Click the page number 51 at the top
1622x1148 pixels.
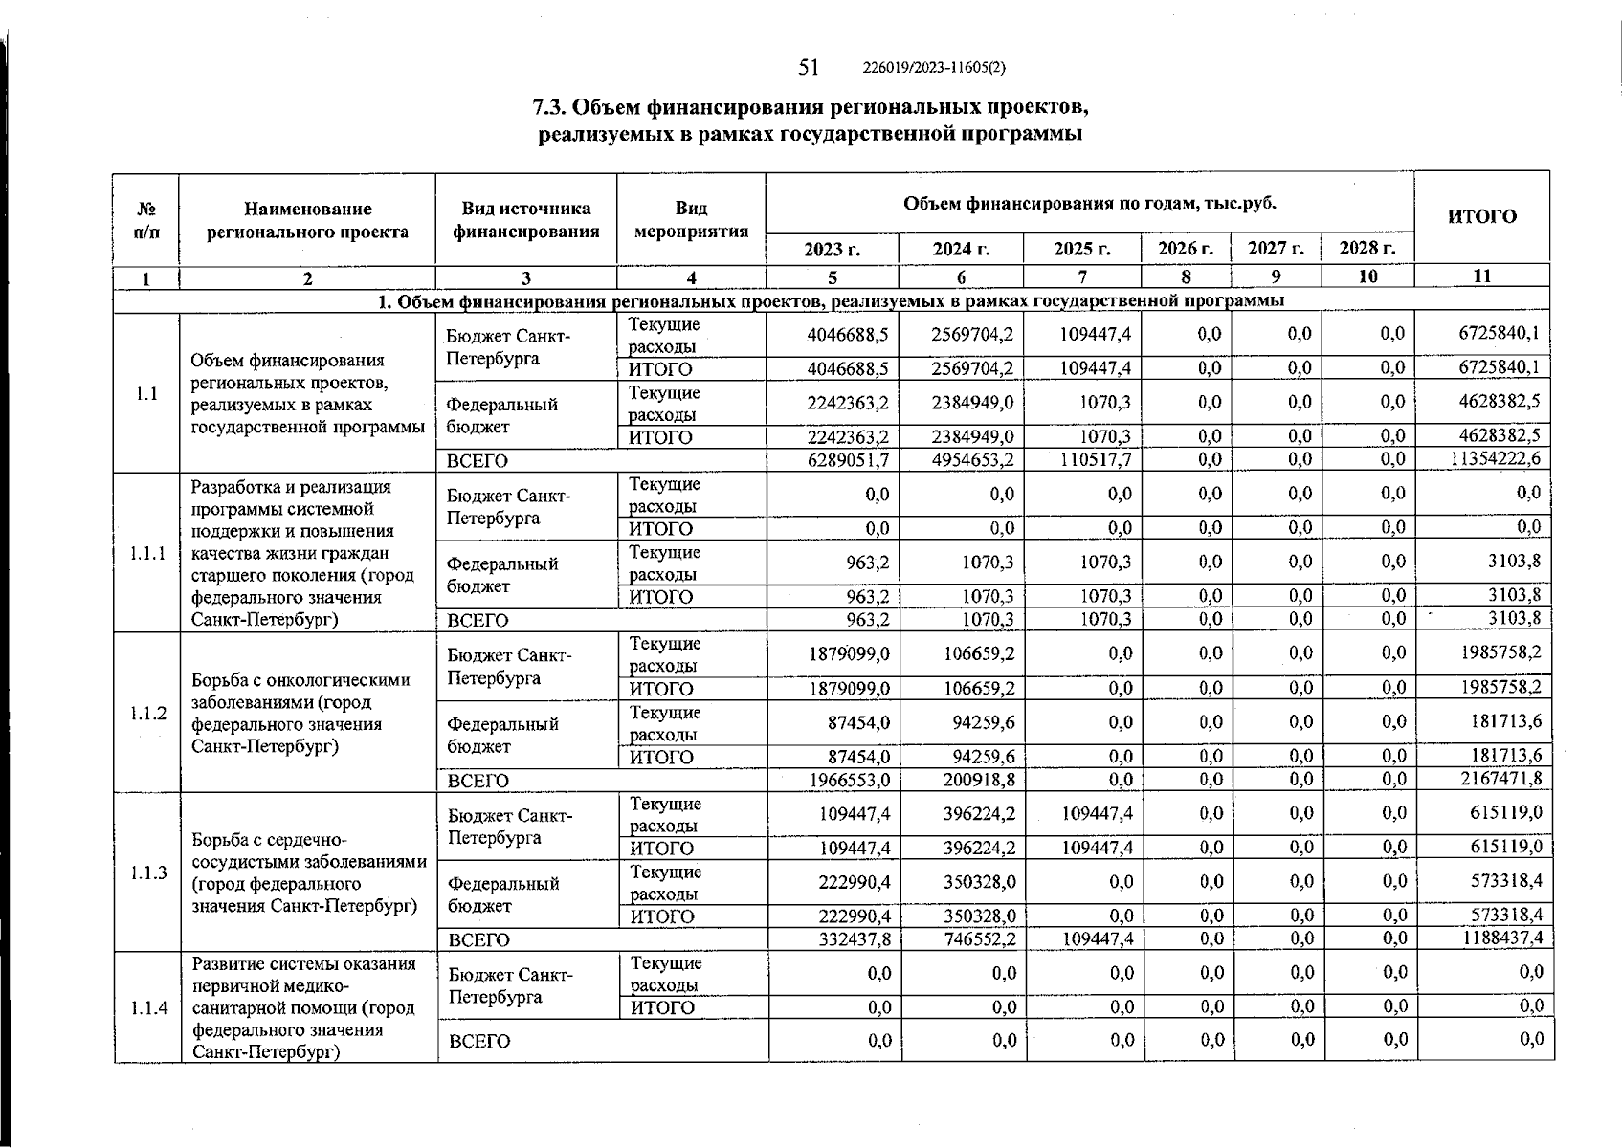point(809,67)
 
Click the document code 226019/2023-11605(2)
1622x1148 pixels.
point(933,68)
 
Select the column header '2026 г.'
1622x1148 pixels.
point(1186,249)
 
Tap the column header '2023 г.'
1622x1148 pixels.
point(832,249)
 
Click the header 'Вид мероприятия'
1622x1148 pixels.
point(691,220)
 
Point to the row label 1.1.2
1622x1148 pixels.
point(147,713)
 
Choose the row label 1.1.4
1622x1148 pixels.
point(148,1007)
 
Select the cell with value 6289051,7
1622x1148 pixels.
point(849,460)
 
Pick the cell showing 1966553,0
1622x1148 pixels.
point(850,780)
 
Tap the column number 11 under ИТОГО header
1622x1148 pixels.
point(1481,276)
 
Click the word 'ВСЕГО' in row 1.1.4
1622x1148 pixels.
point(478,1041)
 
